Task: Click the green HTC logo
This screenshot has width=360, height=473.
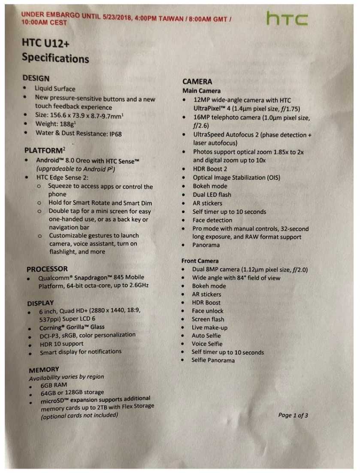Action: tap(287, 19)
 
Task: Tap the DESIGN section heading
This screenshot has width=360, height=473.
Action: tap(36, 79)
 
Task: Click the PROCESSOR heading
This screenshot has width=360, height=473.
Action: tap(47, 269)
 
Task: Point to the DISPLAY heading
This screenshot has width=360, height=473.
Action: tap(40, 303)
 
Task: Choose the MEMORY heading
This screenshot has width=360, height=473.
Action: tap(44, 370)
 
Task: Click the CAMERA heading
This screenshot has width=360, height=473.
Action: tap(197, 82)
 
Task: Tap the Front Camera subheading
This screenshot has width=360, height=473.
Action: tap(200, 261)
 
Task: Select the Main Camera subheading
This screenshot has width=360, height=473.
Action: tap(201, 91)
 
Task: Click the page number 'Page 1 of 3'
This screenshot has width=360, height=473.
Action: tap(293, 415)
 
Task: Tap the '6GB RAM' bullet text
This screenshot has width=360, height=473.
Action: tap(54, 385)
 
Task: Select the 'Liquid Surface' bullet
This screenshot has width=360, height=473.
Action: tap(55, 89)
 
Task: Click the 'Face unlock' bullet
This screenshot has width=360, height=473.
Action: tap(208, 311)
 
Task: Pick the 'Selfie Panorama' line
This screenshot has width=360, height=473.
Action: tap(213, 360)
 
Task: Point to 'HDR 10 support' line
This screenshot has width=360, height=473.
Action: tap(61, 343)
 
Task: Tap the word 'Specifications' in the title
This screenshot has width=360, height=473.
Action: tap(55, 58)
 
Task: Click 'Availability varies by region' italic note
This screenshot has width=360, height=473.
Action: tap(66, 377)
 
